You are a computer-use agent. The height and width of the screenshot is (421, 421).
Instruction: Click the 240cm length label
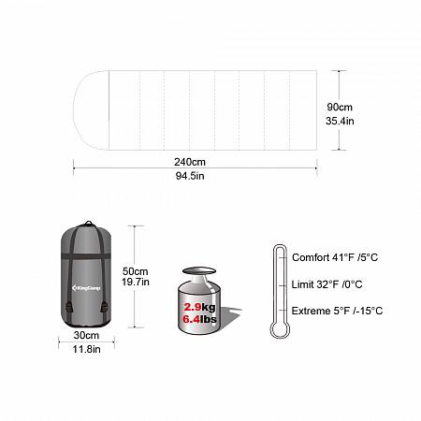pyautogui.click(x=190, y=162)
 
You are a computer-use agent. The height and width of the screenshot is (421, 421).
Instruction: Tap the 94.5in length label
pyautogui.click(x=190, y=176)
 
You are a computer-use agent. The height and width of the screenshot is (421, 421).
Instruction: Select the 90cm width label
pyautogui.click(x=340, y=107)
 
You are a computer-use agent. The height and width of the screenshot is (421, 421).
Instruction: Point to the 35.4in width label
pyautogui.click(x=340, y=121)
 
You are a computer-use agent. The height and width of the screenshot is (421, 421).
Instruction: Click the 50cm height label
pyautogui.click(x=136, y=271)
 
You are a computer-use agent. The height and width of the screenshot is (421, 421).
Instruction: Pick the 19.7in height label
pyautogui.click(x=136, y=282)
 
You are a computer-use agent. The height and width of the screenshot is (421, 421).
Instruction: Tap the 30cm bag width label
pyautogui.click(x=86, y=335)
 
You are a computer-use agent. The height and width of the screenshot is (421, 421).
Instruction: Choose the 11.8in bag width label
pyautogui.click(x=86, y=349)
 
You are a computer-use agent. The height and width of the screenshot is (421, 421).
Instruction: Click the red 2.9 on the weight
pyautogui.click(x=193, y=307)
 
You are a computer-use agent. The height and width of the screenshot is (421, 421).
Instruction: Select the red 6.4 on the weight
pyautogui.click(x=191, y=319)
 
